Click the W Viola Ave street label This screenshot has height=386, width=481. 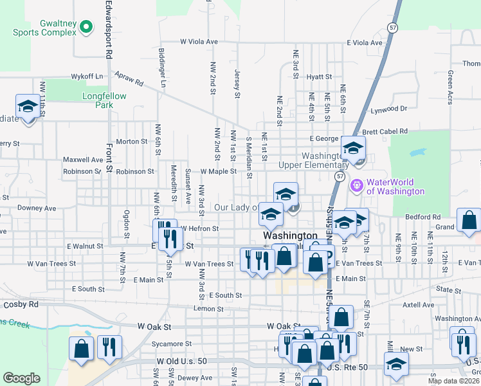pyautogui.click(x=199, y=41)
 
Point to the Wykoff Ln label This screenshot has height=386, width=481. pyautogui.click(x=87, y=77)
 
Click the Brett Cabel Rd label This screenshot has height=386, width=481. pyautogui.click(x=385, y=132)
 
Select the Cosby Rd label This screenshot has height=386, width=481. pyautogui.click(x=21, y=304)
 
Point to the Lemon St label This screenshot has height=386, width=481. pyautogui.click(x=208, y=309)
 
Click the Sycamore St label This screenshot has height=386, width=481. pyautogui.click(x=172, y=344)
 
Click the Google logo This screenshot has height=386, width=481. pyautogui.click(x=21, y=378)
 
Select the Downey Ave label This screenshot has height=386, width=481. pyautogui.click(x=37, y=208)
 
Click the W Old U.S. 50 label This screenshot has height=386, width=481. pyautogui.click(x=181, y=362)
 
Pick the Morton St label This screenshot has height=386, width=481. pyautogui.click(x=132, y=142)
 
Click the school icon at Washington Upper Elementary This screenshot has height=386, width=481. pyautogui.click(x=353, y=148)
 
